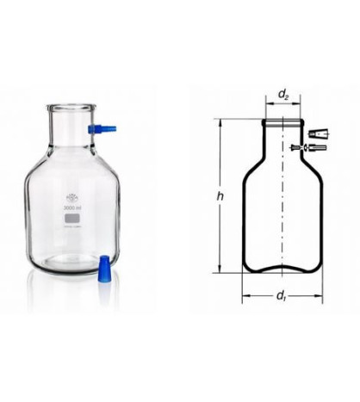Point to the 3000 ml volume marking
coord(71,206)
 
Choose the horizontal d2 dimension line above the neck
coord(280,101)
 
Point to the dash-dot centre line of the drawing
coord(281,198)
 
